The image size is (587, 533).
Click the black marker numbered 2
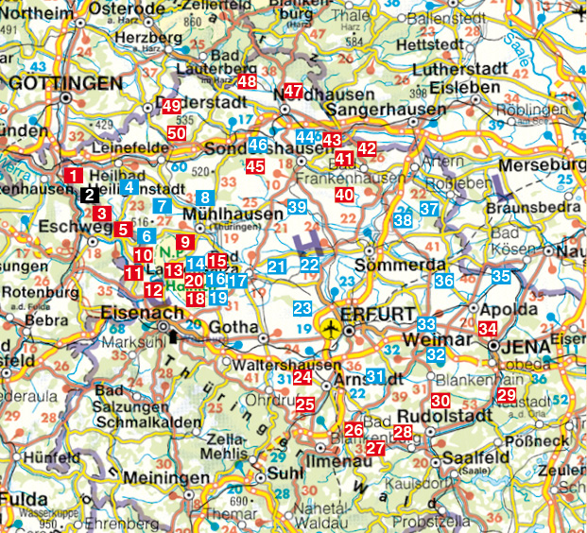[88, 196]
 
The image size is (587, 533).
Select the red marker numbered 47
[293, 92]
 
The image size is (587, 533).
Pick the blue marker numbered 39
[297, 207]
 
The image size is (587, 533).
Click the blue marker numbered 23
[302, 309]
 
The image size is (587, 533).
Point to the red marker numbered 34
[488, 329]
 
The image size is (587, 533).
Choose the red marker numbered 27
[375, 448]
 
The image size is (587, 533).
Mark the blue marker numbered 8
[204, 198]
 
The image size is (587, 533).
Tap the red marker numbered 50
[177, 133]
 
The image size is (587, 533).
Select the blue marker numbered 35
[501, 277]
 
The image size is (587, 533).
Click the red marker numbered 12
[153, 290]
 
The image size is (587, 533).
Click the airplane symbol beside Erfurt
[330, 329]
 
